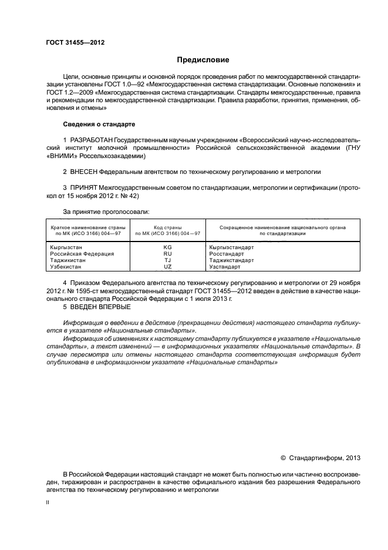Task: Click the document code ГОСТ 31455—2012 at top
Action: click(75, 42)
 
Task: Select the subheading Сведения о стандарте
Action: click(99, 125)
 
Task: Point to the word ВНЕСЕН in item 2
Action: click(83, 172)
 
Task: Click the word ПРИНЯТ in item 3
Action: click(83, 187)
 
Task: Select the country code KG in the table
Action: click(167, 247)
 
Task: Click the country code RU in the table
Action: click(167, 254)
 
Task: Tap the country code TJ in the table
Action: click(167, 260)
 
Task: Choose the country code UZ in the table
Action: click(167, 266)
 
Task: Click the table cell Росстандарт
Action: click(224, 254)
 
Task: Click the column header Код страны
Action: click(167, 227)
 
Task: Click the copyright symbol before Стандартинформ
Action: click(284, 457)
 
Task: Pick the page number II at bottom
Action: click(48, 503)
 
